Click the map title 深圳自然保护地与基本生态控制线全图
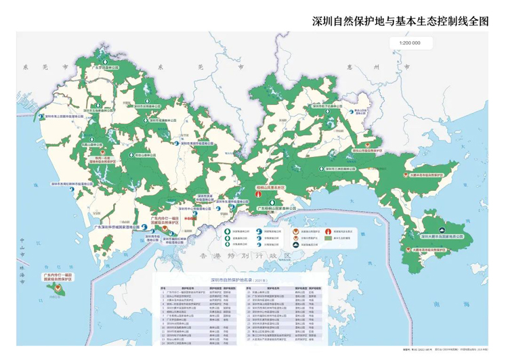[x=400, y=21]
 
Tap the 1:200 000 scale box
[x=410, y=43]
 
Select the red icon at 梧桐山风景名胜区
[x=258, y=193]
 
